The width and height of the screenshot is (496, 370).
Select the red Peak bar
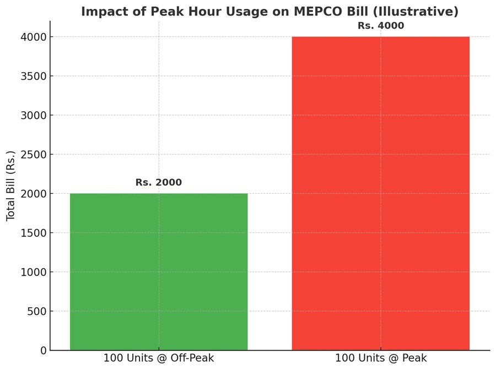point(380,193)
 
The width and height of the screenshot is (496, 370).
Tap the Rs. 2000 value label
point(159,182)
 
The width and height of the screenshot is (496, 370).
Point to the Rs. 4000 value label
point(381,25)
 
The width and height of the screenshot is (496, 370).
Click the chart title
point(269,11)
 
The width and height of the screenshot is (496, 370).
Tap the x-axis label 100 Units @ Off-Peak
point(159,358)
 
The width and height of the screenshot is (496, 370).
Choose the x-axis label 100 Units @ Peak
point(381,358)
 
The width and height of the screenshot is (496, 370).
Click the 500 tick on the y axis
point(36,311)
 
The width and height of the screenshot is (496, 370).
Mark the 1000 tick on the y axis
point(34,272)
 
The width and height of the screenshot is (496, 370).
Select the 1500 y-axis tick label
point(34,233)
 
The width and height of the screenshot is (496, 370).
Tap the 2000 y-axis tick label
point(34,194)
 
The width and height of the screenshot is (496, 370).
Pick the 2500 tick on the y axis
point(34,154)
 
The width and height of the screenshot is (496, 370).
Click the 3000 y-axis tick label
point(34,115)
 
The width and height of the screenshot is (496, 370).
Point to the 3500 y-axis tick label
point(34,76)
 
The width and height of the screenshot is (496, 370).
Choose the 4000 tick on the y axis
point(34,37)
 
